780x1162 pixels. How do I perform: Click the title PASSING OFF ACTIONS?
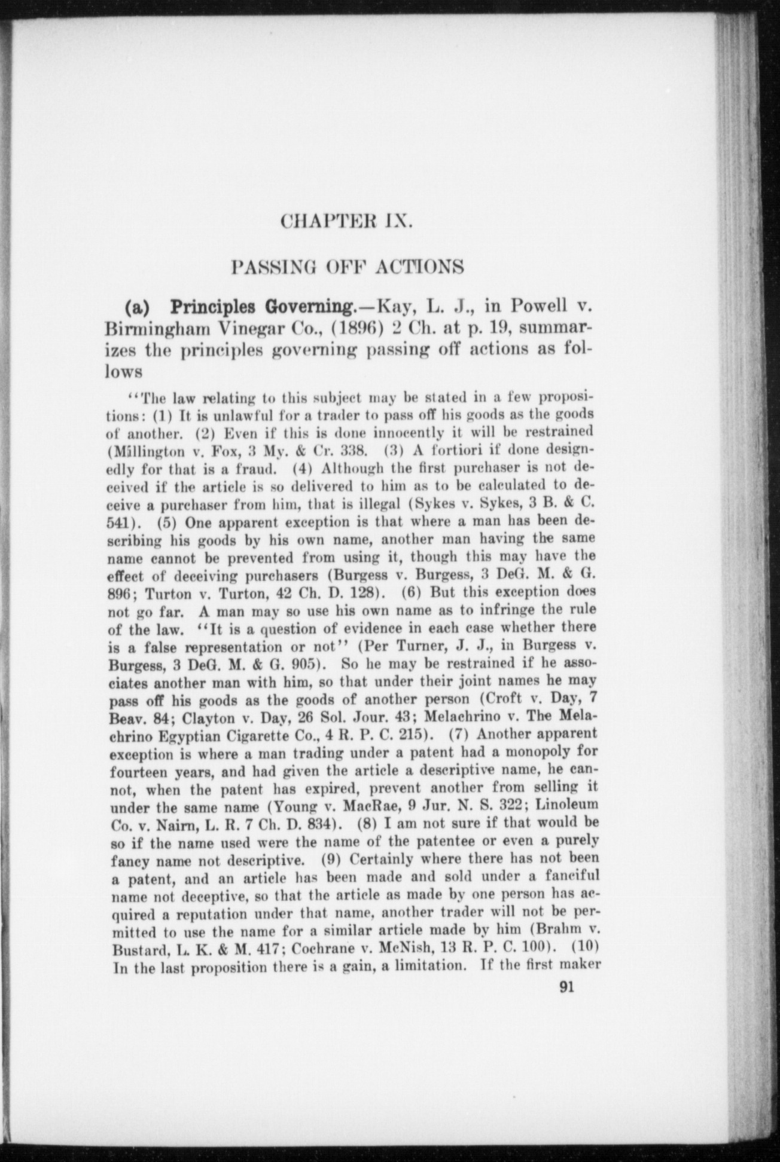pos(348,266)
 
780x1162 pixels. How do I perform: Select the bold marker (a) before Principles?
pos(139,307)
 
